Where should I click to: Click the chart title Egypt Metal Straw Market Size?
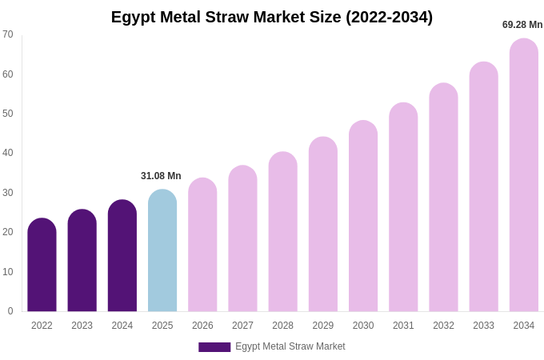pos(272,17)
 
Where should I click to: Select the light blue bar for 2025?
pos(162,252)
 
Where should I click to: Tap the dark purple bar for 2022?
pos(42,266)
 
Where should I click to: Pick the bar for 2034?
pos(524,176)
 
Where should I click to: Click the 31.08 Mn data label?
pos(161,176)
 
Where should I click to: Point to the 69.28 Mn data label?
pos(522,25)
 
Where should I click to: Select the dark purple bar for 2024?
pos(122,256)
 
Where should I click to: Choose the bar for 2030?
pos(363,217)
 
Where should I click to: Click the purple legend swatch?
pos(214,347)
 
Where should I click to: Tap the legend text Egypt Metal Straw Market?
pos(290,346)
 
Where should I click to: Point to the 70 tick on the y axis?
pos(8,34)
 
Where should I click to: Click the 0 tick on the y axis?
pos(10,311)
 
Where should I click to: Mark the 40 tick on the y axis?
pos(8,153)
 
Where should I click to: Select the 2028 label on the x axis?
pos(282,326)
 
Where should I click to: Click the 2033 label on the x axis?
pos(483,326)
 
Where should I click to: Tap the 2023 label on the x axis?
pos(82,326)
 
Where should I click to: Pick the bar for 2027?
pos(242,239)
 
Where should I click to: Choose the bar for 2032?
pos(443,198)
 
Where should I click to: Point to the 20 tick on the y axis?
pos(8,232)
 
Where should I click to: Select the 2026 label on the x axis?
pos(202,326)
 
